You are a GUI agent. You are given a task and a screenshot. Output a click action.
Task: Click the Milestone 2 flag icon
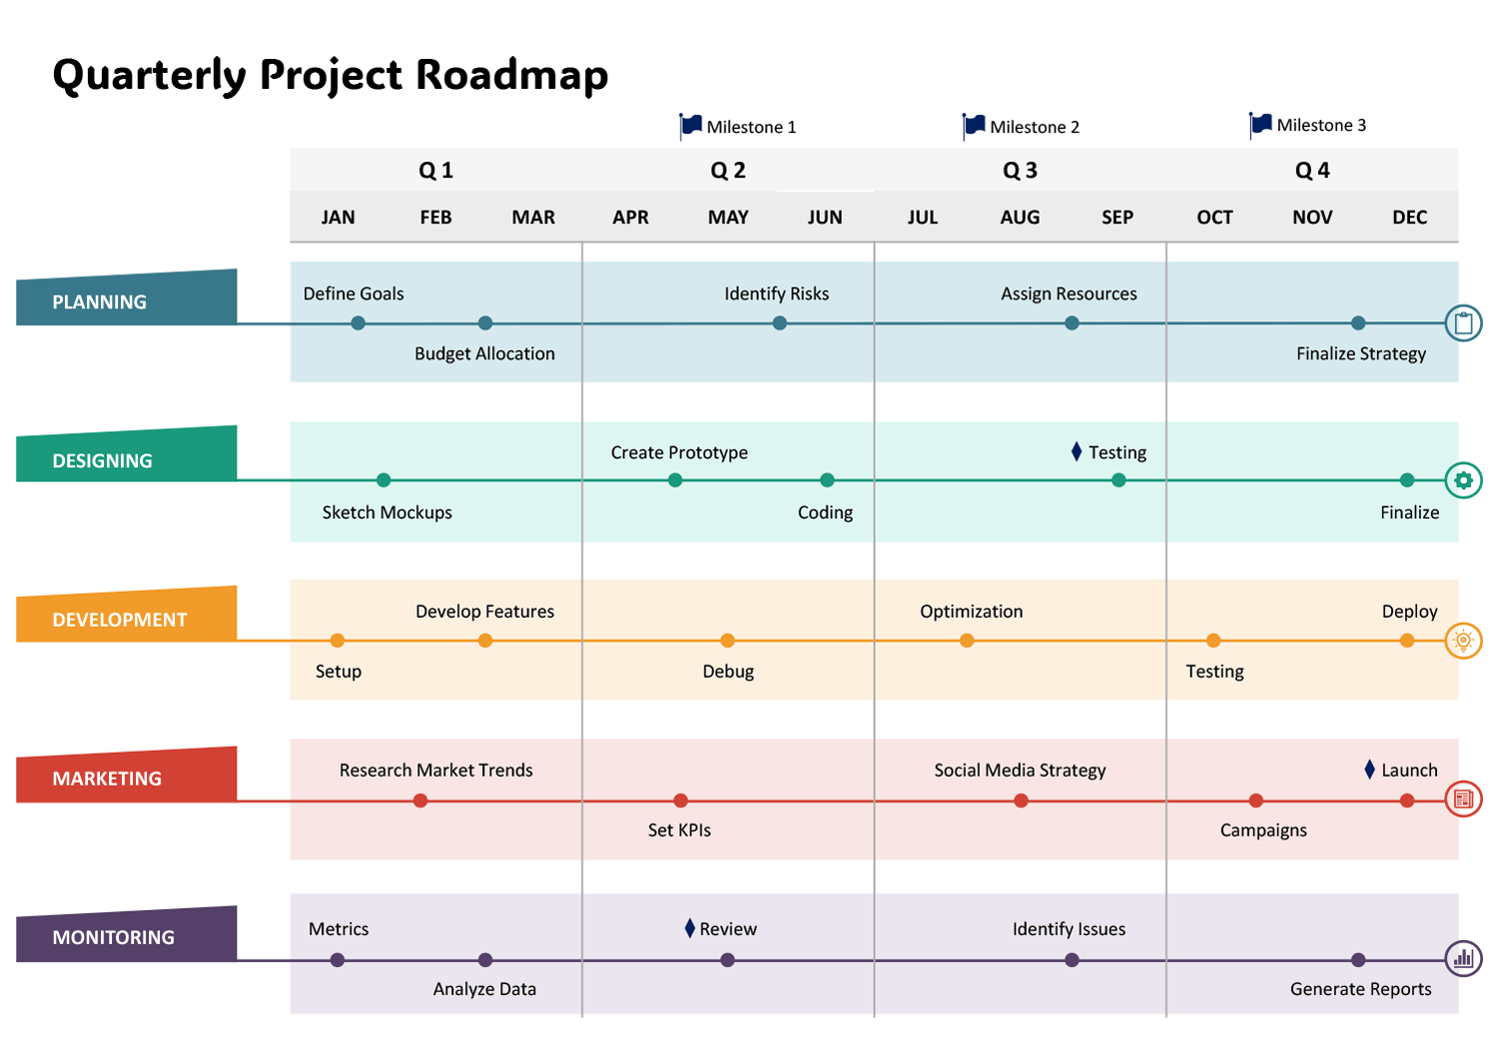pyautogui.click(x=974, y=125)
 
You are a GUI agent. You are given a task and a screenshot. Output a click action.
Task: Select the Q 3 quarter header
pyautogui.click(x=1020, y=171)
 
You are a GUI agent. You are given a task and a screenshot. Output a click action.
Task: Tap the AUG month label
pyautogui.click(x=1020, y=218)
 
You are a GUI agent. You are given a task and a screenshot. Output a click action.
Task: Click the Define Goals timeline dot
pyautogui.click(x=358, y=323)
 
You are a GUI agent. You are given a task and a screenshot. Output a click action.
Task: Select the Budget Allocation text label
pyautogui.click(x=484, y=353)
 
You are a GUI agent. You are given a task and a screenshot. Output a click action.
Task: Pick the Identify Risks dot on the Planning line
pyautogui.click(x=780, y=323)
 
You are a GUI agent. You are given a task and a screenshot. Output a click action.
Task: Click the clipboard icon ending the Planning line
pyautogui.click(x=1464, y=323)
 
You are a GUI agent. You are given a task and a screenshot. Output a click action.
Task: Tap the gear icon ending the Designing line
pyautogui.click(x=1464, y=480)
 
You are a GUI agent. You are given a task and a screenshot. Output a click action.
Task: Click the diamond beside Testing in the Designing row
pyautogui.click(x=1077, y=452)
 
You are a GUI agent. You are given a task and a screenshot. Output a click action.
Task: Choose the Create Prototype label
pyautogui.click(x=679, y=452)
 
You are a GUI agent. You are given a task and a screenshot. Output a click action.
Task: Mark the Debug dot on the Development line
pyautogui.click(x=727, y=641)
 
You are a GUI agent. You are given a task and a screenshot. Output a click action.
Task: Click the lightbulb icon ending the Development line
pyautogui.click(x=1464, y=641)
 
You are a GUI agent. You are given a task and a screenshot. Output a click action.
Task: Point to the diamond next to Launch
pyautogui.click(x=1370, y=770)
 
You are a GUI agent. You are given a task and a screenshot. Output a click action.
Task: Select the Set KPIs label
pyautogui.click(x=679, y=829)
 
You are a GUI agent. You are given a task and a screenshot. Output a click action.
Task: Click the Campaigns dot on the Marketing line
pyautogui.click(x=1256, y=800)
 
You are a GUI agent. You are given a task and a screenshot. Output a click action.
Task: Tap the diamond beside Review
pyautogui.click(x=689, y=928)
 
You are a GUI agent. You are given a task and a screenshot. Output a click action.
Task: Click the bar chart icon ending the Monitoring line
pyautogui.click(x=1464, y=959)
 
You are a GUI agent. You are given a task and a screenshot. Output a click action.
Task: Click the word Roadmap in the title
pyautogui.click(x=511, y=75)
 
